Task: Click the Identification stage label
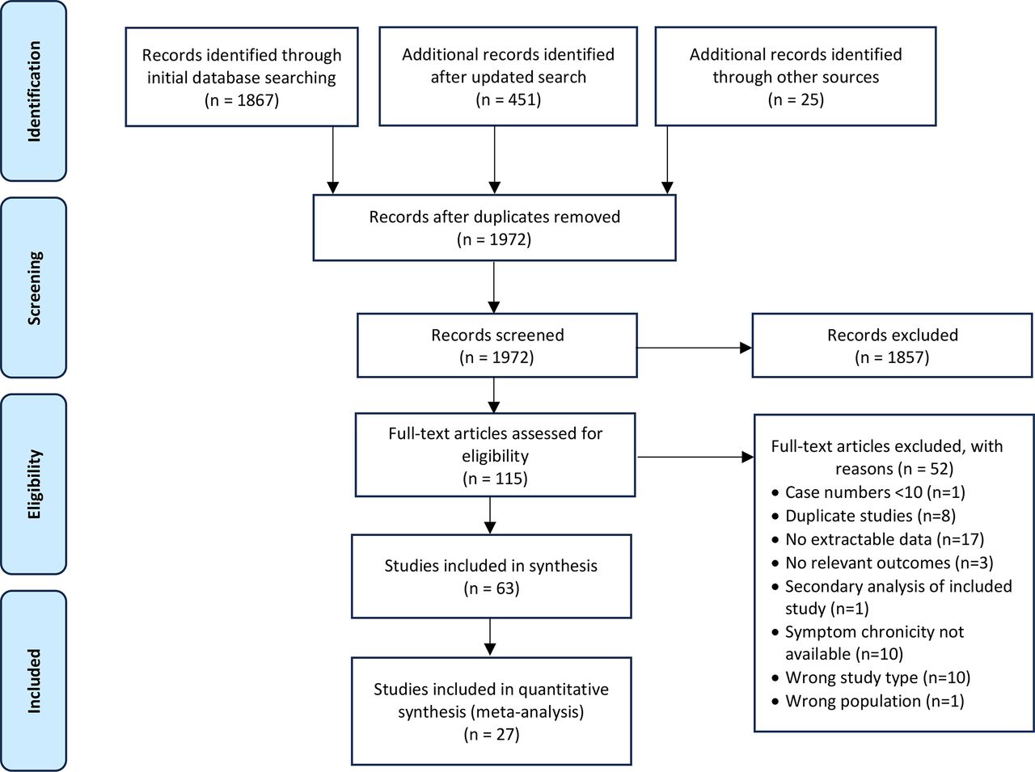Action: (33, 91)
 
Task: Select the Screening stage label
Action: (33, 288)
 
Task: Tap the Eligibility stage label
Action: (33, 484)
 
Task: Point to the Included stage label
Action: (33, 680)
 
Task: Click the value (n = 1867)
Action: (241, 100)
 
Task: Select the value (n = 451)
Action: (508, 100)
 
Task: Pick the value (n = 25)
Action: (795, 100)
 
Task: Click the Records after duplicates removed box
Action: (494, 227)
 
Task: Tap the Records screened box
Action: (496, 345)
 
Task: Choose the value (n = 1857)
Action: (892, 357)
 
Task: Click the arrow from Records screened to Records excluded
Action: (694, 348)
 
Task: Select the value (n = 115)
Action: (495, 479)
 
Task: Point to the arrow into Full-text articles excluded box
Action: (695, 457)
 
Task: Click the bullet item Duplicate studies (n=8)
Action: (870, 516)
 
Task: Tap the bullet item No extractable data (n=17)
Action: (884, 539)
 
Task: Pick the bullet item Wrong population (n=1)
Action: (874, 701)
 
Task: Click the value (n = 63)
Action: (491, 588)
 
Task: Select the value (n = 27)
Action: (491, 735)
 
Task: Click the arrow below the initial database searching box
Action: (332, 160)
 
